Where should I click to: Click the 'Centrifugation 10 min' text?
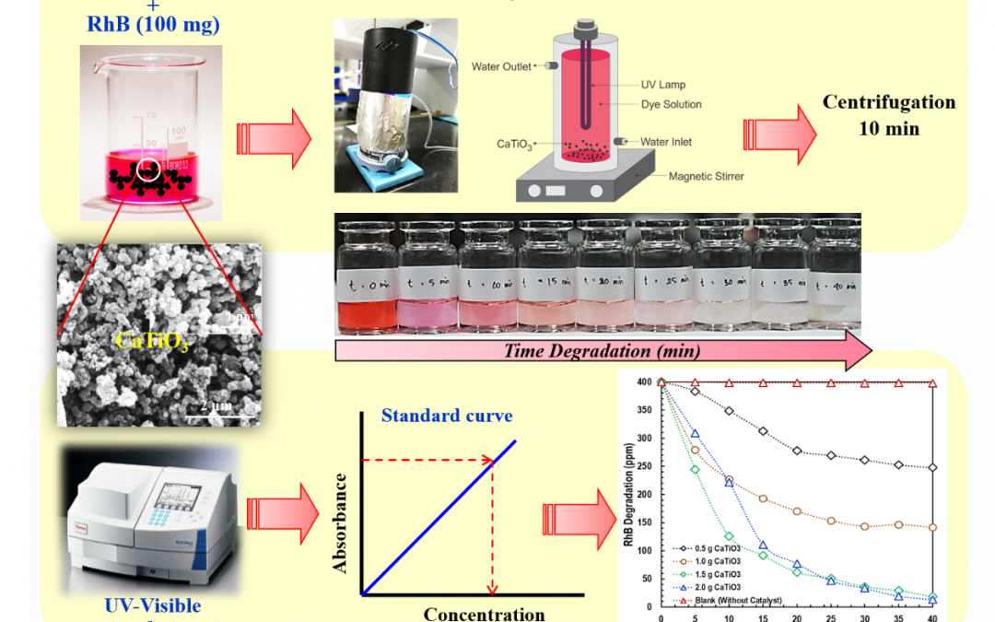(888, 115)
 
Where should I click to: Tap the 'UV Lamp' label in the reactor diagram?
(663, 85)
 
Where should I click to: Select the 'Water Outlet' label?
(501, 66)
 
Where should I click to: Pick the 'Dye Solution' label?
(672, 104)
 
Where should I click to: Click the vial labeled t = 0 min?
(366, 276)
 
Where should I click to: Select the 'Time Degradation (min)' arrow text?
(602, 351)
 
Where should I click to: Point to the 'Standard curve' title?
(447, 416)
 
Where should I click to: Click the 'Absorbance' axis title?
(341, 523)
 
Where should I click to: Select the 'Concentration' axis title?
(484, 614)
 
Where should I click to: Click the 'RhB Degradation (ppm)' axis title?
(630, 493)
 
